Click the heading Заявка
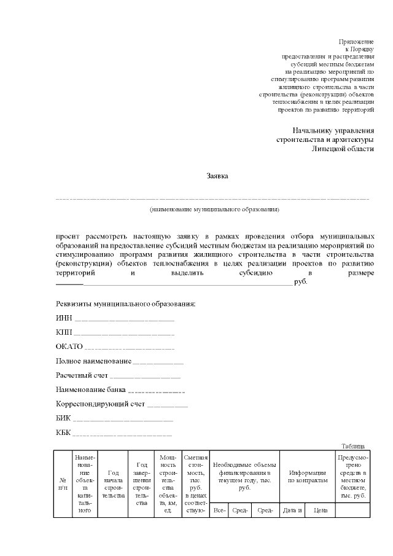coord(217,176)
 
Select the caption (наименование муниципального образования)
coord(214,210)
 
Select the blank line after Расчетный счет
coord(146,377)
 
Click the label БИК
coord(63,418)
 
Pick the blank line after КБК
coord(122,434)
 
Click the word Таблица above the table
coord(354,446)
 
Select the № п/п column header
coord(63,484)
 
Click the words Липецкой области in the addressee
coord(343,149)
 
